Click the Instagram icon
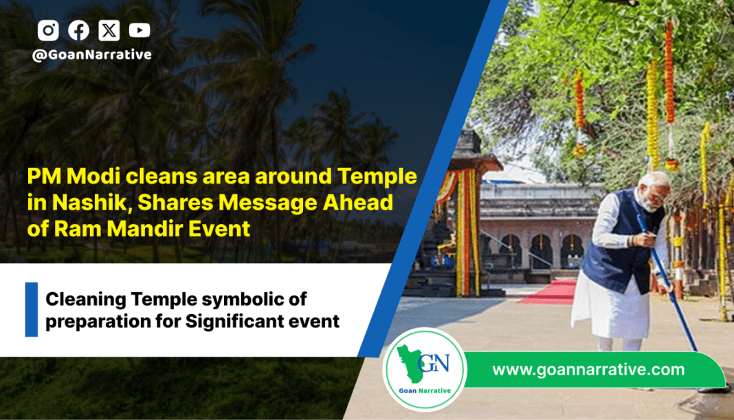tap(48, 30)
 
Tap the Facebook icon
tap(78, 30)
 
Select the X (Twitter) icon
tap(109, 30)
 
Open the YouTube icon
tap(140, 30)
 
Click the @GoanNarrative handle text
tap(92, 55)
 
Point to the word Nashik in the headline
tap(89, 202)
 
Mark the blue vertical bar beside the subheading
tap(32, 309)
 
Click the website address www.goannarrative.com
tap(588, 369)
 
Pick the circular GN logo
tap(425, 369)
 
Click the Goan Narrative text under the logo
tap(425, 390)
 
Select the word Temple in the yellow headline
tap(377, 177)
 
